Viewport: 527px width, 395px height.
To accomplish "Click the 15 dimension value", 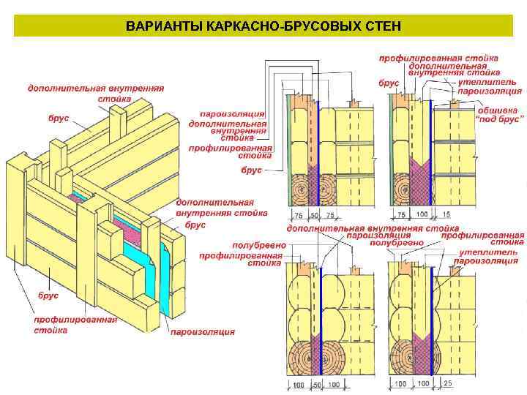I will click(x=446, y=214).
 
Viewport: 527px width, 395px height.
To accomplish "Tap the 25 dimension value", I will click(x=447, y=383).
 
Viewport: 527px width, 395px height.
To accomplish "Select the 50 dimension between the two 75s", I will click(x=315, y=214).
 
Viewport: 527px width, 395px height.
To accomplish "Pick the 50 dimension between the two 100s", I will click(x=317, y=383).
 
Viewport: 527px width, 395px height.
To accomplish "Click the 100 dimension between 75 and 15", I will click(x=422, y=214).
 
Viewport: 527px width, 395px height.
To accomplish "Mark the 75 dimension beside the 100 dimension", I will click(x=400, y=214).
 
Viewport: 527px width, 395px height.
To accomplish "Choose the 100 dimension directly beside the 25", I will click(x=422, y=383).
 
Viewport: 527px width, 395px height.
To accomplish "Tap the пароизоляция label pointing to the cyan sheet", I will click(x=203, y=331).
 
